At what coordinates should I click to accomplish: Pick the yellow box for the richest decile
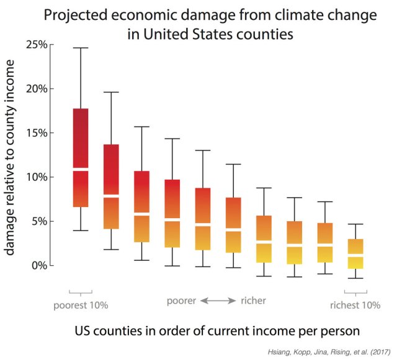[x=355, y=254]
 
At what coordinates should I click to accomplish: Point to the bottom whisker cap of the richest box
[x=355, y=278]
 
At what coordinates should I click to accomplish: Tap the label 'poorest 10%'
[x=81, y=305]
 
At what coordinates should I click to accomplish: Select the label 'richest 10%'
[x=355, y=305]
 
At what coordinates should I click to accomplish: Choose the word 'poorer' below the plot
[x=181, y=301]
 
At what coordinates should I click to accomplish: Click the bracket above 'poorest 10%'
[x=81, y=291]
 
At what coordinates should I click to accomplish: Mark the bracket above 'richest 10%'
[x=355, y=291]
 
